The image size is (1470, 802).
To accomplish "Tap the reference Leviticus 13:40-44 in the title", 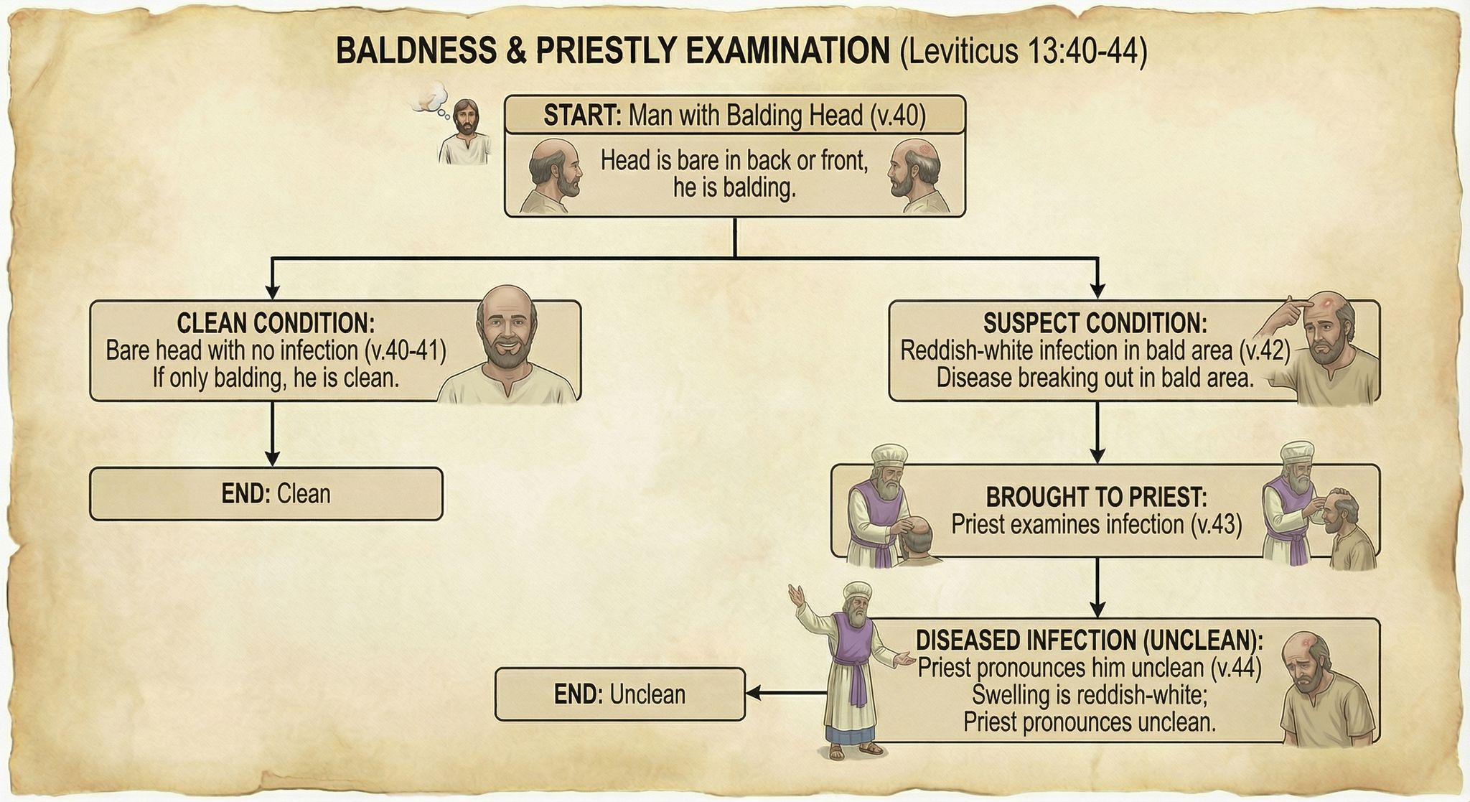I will coord(1023,52).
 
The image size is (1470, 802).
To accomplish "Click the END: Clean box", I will coord(266,494).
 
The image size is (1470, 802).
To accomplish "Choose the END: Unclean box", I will coord(619,694).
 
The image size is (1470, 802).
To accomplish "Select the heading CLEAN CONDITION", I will coord(276,323).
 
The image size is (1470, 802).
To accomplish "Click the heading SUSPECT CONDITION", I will coord(1095,323).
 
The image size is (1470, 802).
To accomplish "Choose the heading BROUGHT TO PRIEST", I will coord(1096,497).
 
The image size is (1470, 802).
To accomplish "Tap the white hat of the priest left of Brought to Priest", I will coord(888,457).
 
